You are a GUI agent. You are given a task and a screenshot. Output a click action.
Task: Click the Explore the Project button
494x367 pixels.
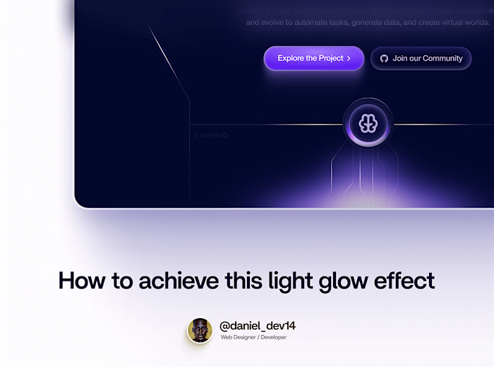(313, 59)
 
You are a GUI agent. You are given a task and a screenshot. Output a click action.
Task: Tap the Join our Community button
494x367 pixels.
(421, 59)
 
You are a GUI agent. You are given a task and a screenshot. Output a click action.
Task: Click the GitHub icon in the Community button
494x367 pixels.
(384, 59)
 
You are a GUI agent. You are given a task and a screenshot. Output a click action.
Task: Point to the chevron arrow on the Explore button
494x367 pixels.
(349, 59)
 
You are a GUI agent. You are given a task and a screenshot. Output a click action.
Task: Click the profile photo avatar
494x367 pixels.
(200, 330)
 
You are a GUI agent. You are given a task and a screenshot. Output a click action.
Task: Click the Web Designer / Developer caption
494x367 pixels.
(253, 337)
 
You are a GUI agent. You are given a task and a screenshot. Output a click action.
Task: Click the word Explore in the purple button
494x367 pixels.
(291, 59)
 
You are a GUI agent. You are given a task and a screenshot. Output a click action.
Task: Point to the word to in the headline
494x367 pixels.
(122, 281)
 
